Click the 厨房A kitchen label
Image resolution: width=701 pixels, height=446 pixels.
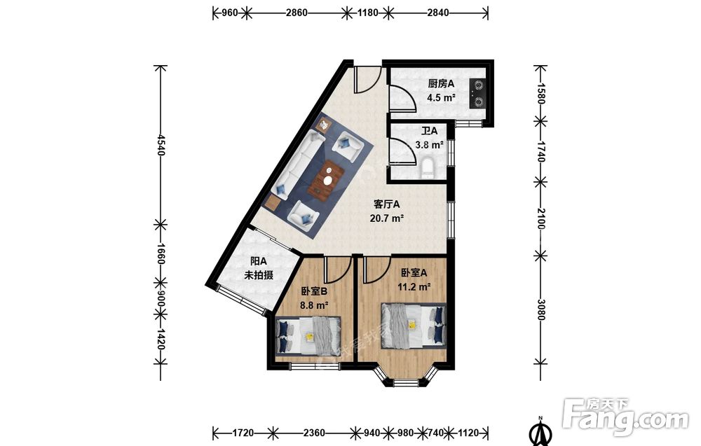(x=441, y=83)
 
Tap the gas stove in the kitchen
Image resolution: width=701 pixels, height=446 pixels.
(x=477, y=93)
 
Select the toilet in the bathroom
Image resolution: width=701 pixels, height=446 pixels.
(x=428, y=167)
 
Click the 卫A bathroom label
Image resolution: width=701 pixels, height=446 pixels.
(x=430, y=131)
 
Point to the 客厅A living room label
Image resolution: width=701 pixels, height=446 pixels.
(x=387, y=204)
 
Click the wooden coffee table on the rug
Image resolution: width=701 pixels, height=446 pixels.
(x=326, y=179)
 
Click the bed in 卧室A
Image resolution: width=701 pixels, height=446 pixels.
(x=414, y=325)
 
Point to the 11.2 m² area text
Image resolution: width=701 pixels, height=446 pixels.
(x=414, y=286)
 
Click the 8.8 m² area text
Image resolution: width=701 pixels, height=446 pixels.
(x=314, y=306)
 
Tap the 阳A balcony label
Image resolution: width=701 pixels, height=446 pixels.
(x=259, y=261)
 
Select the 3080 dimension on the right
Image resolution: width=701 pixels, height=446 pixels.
(x=541, y=309)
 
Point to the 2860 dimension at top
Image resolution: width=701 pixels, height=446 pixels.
(x=297, y=13)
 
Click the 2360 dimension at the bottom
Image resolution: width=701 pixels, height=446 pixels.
(x=314, y=433)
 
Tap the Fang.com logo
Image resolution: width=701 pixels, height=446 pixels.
(x=626, y=417)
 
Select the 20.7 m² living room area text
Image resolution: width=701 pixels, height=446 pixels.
(x=387, y=218)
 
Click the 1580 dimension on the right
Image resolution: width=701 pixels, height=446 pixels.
(x=541, y=93)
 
